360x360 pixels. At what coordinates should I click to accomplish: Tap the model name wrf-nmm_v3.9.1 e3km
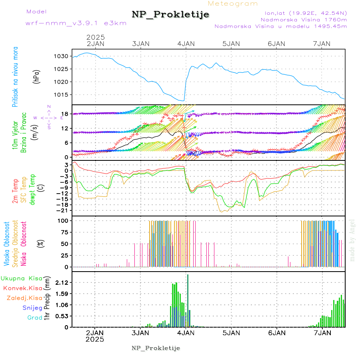76,23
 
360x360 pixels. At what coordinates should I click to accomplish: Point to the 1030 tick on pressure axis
61,56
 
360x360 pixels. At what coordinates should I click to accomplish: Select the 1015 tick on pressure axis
61,95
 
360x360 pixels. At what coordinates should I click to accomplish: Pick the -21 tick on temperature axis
63,210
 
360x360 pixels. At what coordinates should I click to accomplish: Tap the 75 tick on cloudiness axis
64,232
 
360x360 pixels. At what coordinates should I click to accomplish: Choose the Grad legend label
34,318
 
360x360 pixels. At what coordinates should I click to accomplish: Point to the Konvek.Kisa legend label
22,288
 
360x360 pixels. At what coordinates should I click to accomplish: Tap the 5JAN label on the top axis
231,44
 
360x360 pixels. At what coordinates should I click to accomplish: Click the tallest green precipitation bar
188,300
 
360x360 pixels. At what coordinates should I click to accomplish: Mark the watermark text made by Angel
352,240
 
